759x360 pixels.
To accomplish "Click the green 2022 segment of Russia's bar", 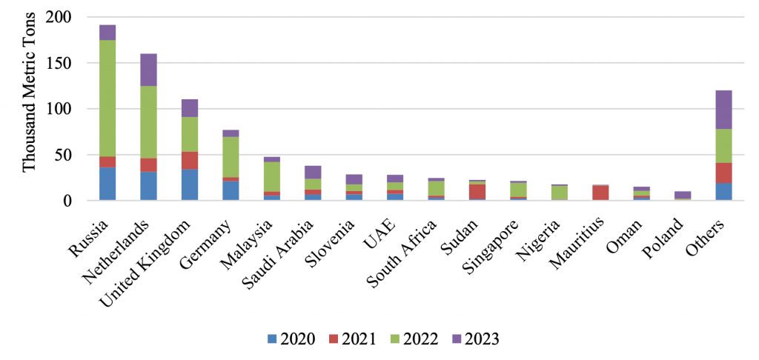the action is click(107, 99).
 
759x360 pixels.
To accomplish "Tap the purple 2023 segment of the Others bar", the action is click(723, 110).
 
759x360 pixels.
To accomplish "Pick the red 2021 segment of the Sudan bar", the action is click(477, 192).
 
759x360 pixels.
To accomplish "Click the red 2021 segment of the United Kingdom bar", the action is click(190, 161).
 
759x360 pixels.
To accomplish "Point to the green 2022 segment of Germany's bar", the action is click(231, 157).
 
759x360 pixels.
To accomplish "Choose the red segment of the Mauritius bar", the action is click(600, 193).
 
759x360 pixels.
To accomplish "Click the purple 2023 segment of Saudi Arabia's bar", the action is click(313, 173).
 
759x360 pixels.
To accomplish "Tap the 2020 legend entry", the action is click(291, 339).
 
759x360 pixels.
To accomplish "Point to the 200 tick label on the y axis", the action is click(58, 18).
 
